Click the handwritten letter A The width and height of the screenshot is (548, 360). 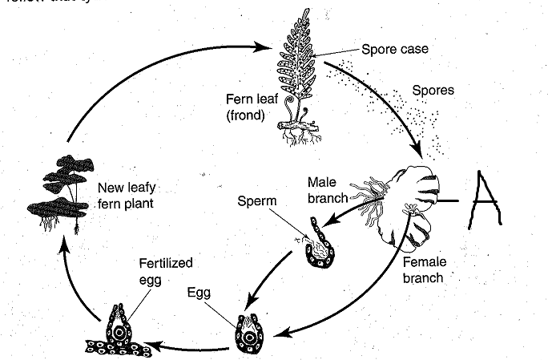click(x=486, y=196)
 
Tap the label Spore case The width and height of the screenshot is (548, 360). click(x=394, y=50)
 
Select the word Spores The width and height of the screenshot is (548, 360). click(x=433, y=90)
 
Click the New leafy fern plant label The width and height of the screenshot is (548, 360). click(x=129, y=196)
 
